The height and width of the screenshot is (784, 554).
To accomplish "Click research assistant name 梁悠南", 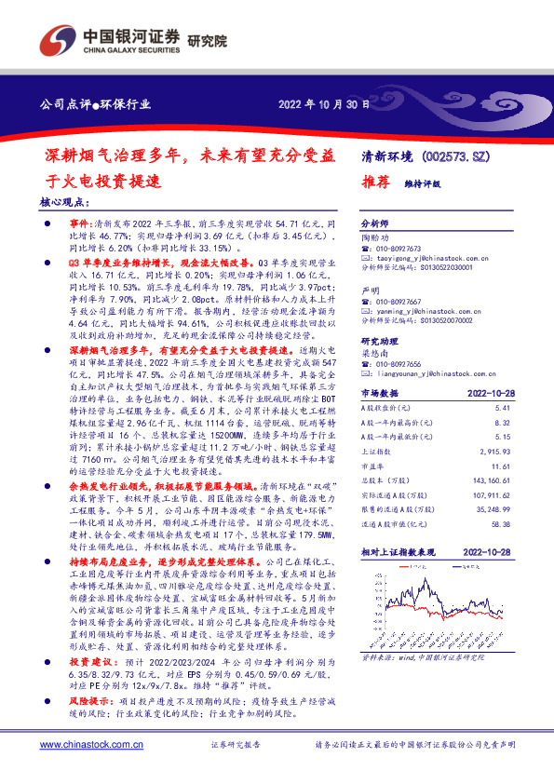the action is (374, 353).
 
